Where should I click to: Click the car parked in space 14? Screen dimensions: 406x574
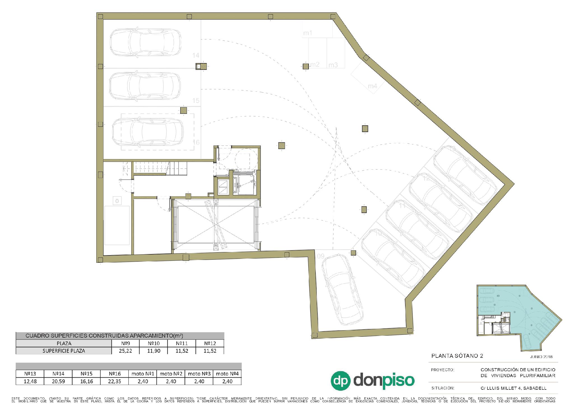coord(145,42)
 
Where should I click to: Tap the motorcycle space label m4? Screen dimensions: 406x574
coord(372,86)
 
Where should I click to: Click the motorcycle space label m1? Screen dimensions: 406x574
coord(308,33)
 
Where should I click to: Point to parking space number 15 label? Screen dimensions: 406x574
coord(196,100)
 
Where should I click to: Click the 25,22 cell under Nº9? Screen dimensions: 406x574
coord(126,351)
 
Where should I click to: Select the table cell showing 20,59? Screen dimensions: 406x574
coord(58,381)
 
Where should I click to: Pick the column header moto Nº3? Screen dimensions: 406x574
coord(199,374)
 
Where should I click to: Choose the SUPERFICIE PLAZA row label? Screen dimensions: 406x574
coord(64,351)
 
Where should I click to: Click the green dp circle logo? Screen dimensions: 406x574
coord(341,381)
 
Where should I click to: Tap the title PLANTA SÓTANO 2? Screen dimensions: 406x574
coord(457,356)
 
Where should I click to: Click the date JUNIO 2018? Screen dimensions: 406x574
coord(541,357)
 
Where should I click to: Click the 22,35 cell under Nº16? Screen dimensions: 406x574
coord(114,381)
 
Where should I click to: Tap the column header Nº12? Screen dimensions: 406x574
coord(210,343)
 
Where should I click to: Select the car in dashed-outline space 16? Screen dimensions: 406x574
coord(148,132)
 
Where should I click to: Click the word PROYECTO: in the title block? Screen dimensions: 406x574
coord(443,370)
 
